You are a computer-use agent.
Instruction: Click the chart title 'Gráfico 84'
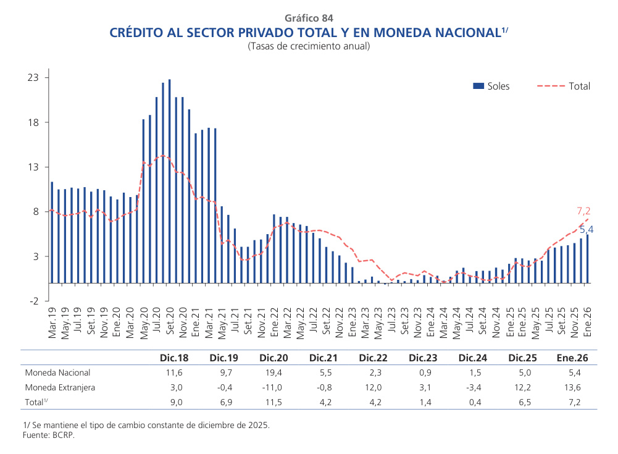click(309, 18)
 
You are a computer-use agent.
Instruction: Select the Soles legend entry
click(491, 86)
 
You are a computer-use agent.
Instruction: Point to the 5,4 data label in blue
click(586, 230)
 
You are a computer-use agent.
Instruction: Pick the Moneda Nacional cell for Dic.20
click(272, 372)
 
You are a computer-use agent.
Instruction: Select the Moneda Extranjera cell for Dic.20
click(272, 388)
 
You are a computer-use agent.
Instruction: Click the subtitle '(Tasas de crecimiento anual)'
click(309, 46)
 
